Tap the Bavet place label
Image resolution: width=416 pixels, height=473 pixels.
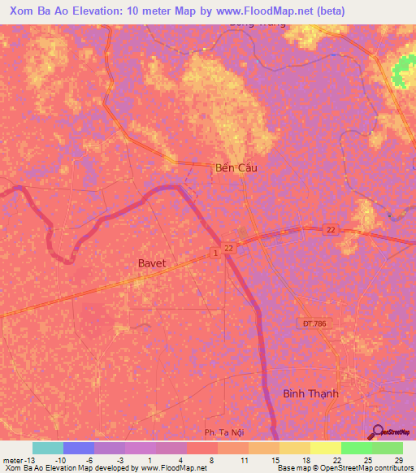coord(154,263)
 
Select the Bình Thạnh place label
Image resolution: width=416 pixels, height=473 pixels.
coord(310,393)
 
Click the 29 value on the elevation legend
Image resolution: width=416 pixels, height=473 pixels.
coord(398,460)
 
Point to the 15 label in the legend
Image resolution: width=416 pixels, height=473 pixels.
coord(275,460)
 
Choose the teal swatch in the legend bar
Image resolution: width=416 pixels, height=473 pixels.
coord(47,448)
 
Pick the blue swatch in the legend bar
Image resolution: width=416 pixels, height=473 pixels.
coord(78,448)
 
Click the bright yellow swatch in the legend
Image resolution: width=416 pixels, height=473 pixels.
coord(325,448)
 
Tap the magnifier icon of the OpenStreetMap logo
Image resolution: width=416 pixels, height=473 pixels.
coord(376,432)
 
